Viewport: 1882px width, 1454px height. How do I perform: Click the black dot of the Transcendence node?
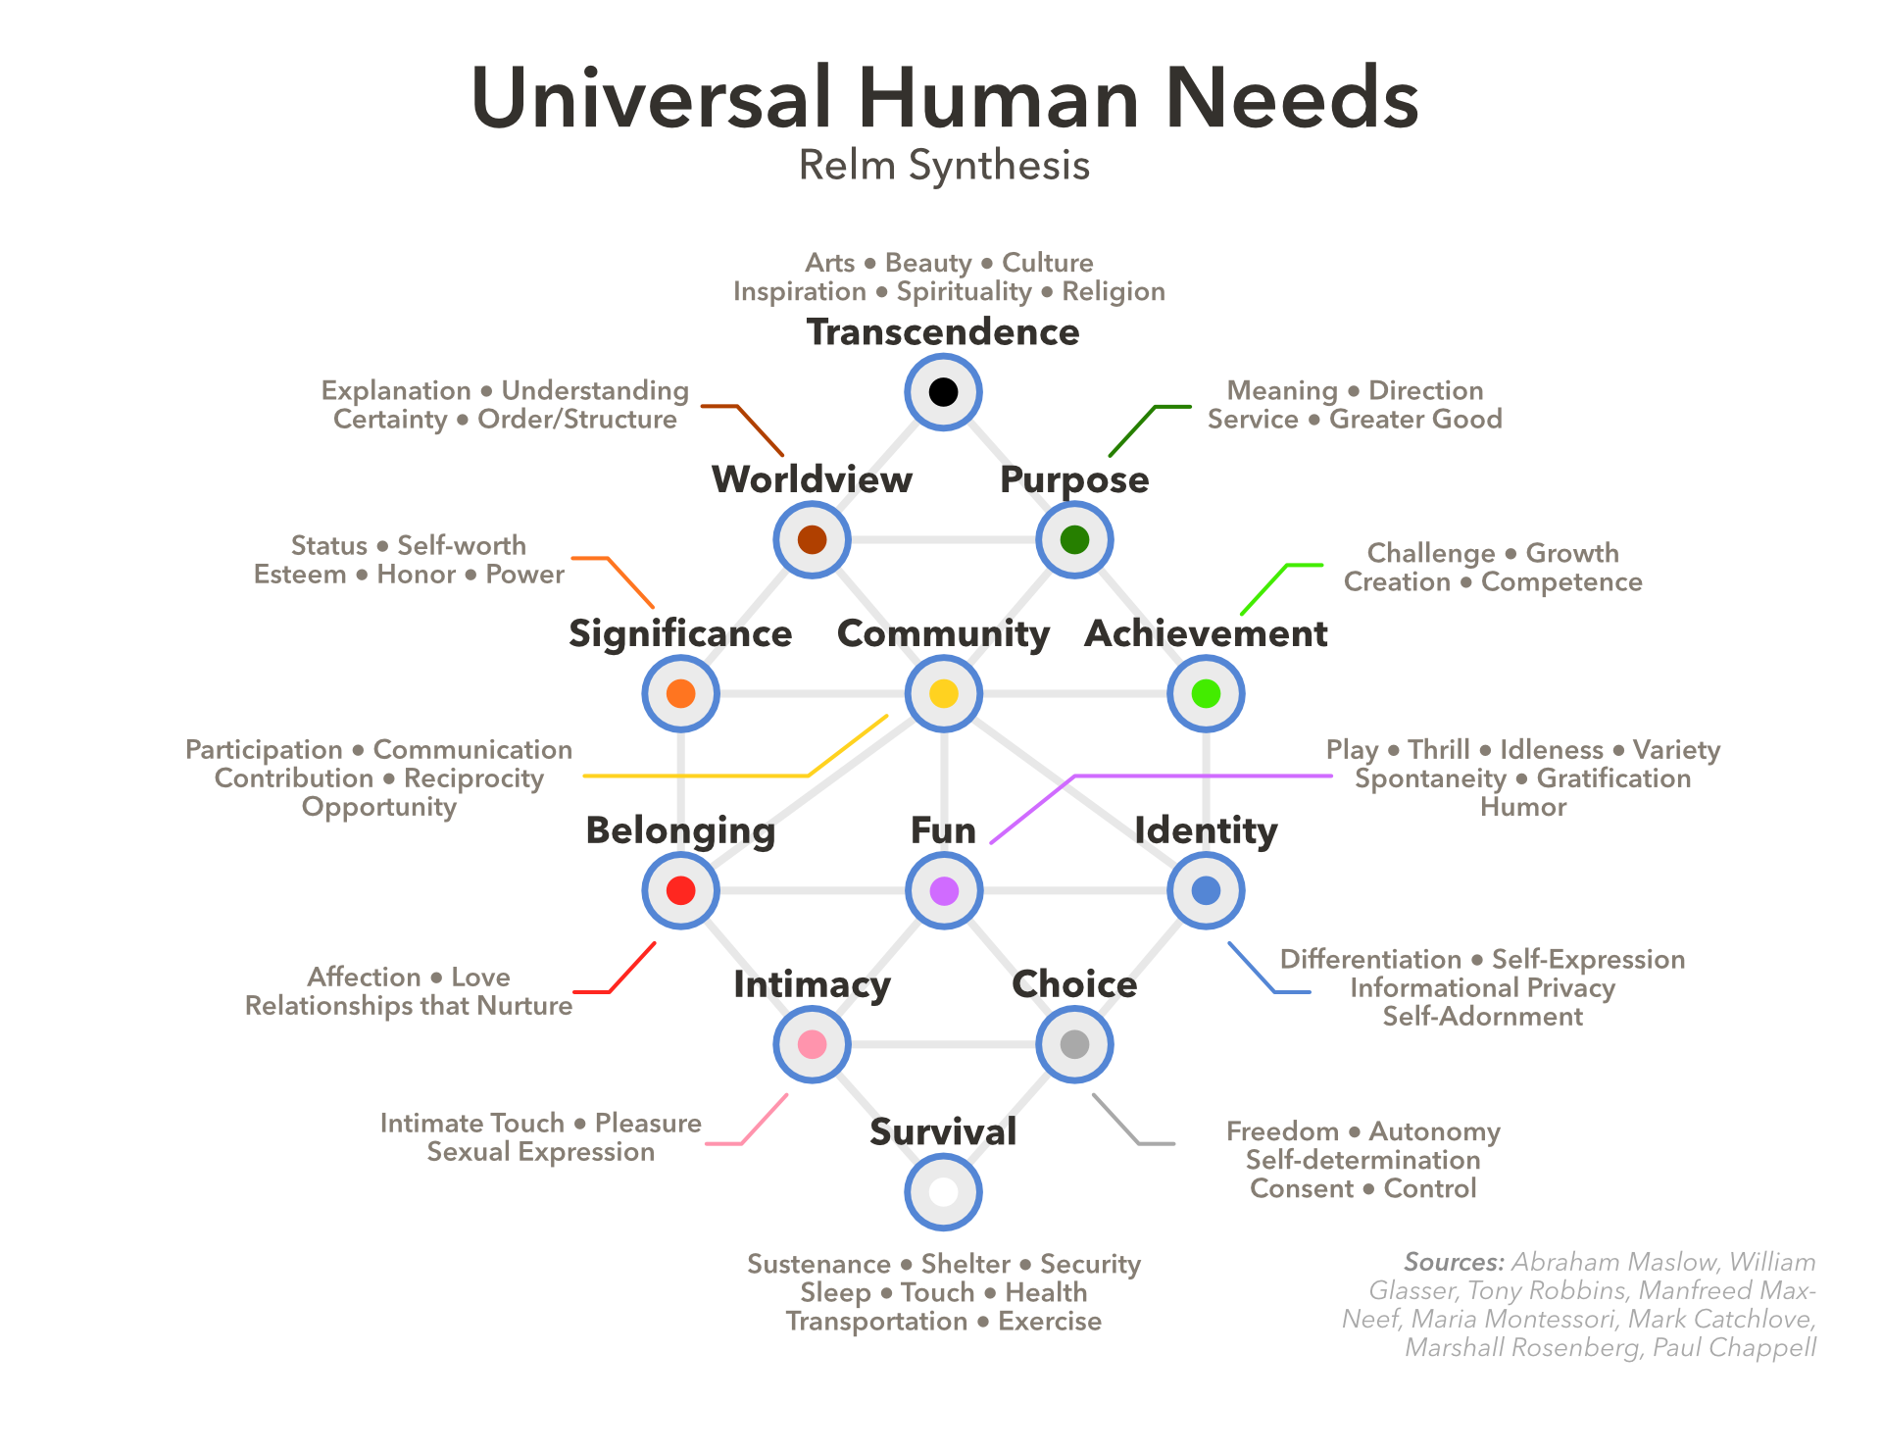coord(943,392)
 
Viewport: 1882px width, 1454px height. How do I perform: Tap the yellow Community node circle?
coord(943,694)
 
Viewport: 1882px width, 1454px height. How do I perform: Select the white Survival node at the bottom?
coord(943,1192)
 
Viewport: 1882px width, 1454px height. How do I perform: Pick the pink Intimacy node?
coord(813,1044)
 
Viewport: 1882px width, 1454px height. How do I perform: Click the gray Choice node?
coord(1074,1044)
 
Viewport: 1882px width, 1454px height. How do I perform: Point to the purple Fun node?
coord(943,890)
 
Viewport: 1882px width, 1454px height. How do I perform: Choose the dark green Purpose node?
coord(1074,539)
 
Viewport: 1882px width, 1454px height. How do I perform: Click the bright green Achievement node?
coord(1206,694)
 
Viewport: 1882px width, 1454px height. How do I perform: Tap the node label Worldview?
coord(813,479)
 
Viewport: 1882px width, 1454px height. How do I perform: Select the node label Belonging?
coord(680,831)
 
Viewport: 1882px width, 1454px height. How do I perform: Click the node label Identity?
coord(1206,831)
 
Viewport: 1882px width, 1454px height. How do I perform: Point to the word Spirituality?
coord(965,292)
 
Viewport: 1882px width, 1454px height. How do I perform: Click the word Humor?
coord(1523,807)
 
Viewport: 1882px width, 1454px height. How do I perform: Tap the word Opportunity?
coord(379,808)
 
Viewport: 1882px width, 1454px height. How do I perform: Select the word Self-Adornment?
coord(1483,1017)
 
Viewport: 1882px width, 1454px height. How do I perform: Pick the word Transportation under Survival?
coord(876,1322)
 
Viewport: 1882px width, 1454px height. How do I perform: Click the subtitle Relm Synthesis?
coord(944,166)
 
